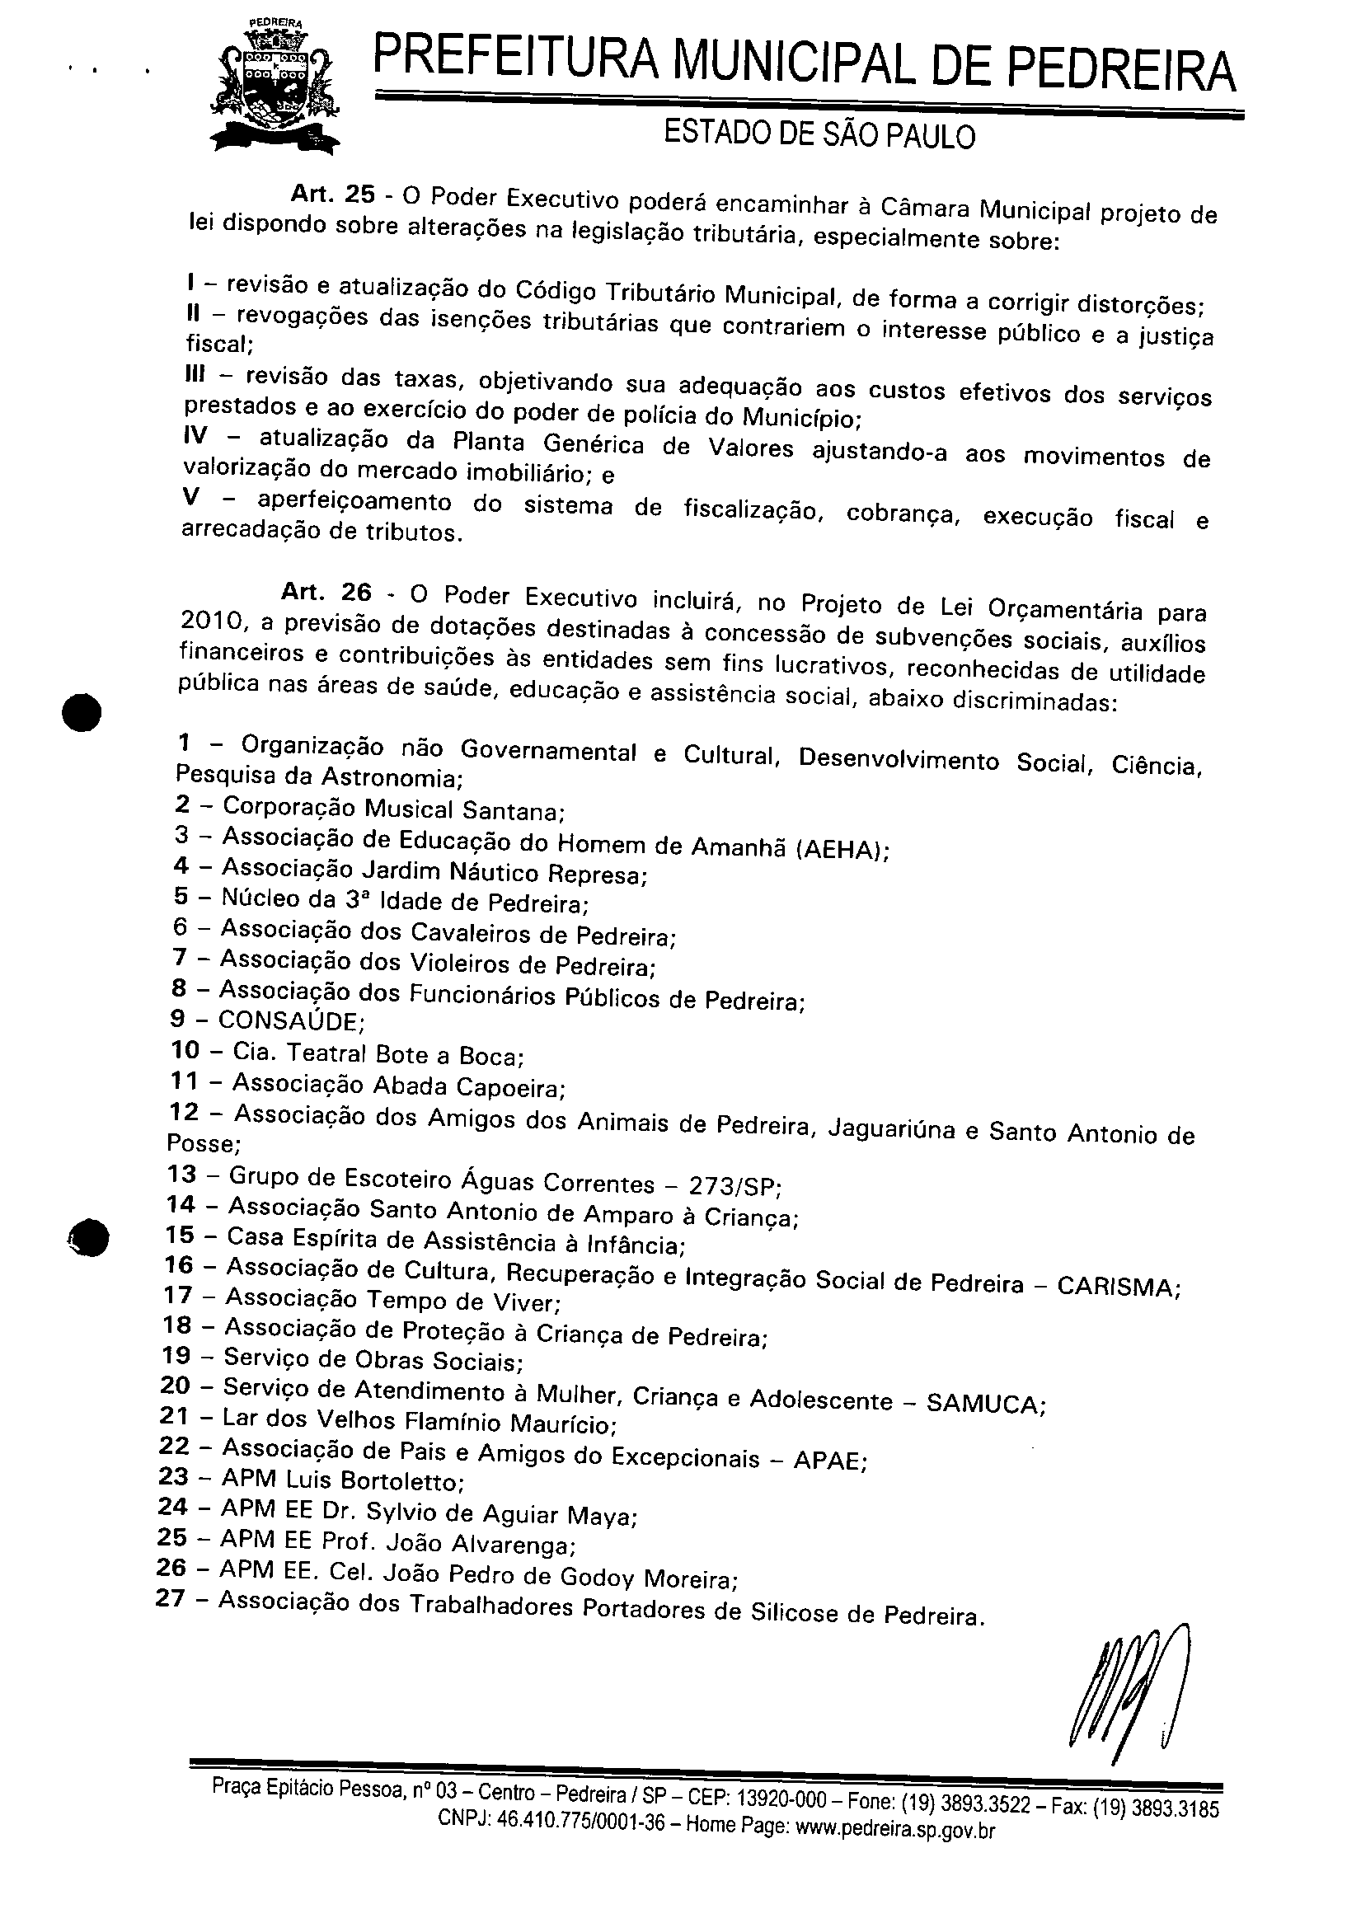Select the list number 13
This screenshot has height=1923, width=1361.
182,1174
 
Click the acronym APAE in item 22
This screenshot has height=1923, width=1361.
826,1461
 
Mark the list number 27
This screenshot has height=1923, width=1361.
170,1599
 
